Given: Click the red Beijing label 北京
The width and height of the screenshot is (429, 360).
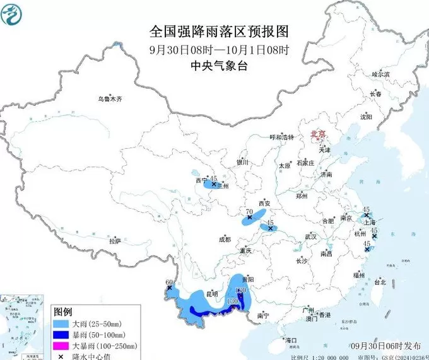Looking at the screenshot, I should point(317,134).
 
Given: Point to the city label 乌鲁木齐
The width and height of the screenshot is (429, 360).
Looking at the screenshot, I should point(109,99).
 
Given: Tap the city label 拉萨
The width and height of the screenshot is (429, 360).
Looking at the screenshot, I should point(115,241).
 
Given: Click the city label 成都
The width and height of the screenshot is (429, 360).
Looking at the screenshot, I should point(225,240).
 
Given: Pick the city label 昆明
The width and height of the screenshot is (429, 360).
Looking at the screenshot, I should point(211,294).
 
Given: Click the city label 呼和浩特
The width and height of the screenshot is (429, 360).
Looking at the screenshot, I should point(282,137).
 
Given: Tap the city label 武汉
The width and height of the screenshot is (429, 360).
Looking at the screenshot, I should point(310,236).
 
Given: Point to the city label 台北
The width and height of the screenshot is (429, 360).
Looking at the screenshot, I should point(380,282).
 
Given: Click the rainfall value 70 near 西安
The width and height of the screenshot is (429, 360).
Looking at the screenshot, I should point(249,212).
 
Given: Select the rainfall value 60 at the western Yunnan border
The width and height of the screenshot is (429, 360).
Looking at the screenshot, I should point(168,282).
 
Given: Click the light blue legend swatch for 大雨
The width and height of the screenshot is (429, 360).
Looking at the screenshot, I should point(61,323).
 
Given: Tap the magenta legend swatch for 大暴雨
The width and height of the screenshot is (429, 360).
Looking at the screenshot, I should point(61,346).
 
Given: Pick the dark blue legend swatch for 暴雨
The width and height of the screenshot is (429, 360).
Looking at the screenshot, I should point(61,335).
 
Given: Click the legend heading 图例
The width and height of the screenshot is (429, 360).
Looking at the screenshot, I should point(62,312).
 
